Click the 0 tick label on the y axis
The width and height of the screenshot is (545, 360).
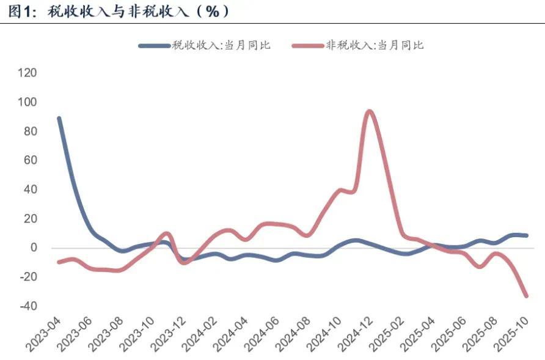[x=34, y=248]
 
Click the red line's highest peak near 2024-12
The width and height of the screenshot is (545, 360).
[x=369, y=111]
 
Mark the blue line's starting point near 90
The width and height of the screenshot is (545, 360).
[x=59, y=118]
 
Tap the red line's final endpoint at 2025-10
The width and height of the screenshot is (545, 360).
[x=526, y=296]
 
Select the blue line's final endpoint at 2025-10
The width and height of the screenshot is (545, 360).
[x=526, y=235]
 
